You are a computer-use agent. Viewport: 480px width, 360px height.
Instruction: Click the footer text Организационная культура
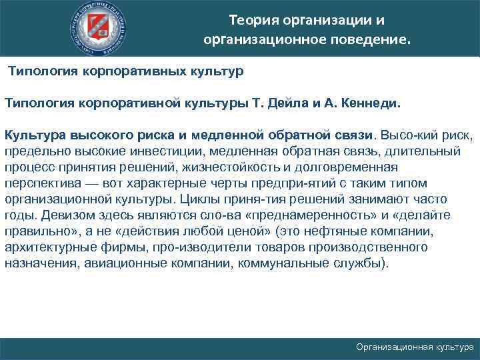pos(415,347)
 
